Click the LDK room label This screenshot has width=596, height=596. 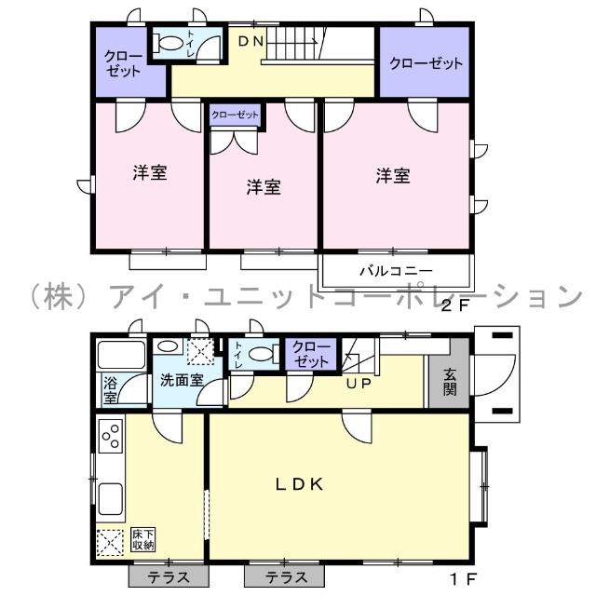click(299, 483)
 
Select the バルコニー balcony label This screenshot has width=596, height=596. click(396, 272)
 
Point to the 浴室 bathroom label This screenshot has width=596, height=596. click(110, 390)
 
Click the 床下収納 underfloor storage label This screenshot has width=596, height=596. click(143, 539)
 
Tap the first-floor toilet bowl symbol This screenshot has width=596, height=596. click(264, 355)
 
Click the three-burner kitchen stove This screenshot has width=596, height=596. click(111, 436)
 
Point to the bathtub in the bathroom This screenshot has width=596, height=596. click(121, 356)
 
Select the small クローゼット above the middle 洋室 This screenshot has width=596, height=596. click(235, 115)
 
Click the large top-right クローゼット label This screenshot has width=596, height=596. click(426, 63)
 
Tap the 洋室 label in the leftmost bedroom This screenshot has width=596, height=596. click(149, 172)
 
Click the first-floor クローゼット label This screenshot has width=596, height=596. click(309, 355)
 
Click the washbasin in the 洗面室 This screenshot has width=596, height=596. click(168, 345)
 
